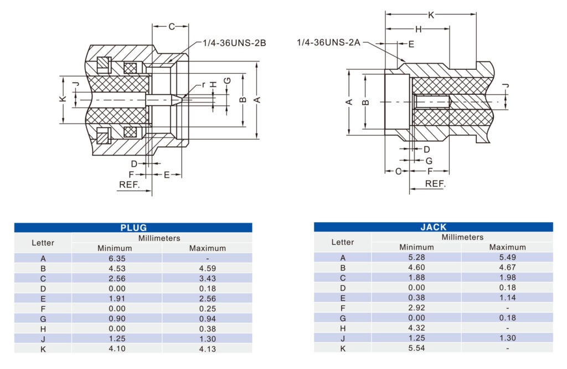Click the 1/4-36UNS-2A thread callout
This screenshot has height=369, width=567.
329,43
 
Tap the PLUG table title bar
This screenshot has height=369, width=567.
133,228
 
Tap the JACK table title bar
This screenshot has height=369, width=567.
433,227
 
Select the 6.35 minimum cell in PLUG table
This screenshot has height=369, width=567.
116,258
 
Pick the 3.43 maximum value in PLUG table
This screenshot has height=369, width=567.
207,278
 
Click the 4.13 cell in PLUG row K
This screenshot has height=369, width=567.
207,349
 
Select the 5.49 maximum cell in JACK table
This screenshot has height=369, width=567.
507,258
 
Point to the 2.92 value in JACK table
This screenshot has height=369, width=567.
416,307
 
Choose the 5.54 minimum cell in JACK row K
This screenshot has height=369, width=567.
416,348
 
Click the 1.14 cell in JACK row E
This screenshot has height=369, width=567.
507,298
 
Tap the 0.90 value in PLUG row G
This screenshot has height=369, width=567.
116,319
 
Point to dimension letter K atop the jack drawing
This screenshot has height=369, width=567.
431,15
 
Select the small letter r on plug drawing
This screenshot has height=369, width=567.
203,85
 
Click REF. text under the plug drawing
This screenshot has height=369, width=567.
130,184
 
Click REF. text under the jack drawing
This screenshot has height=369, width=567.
435,184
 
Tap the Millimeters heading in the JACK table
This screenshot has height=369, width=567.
462,237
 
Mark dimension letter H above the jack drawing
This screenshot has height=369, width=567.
418,29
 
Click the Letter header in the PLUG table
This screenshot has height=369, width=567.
43,243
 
